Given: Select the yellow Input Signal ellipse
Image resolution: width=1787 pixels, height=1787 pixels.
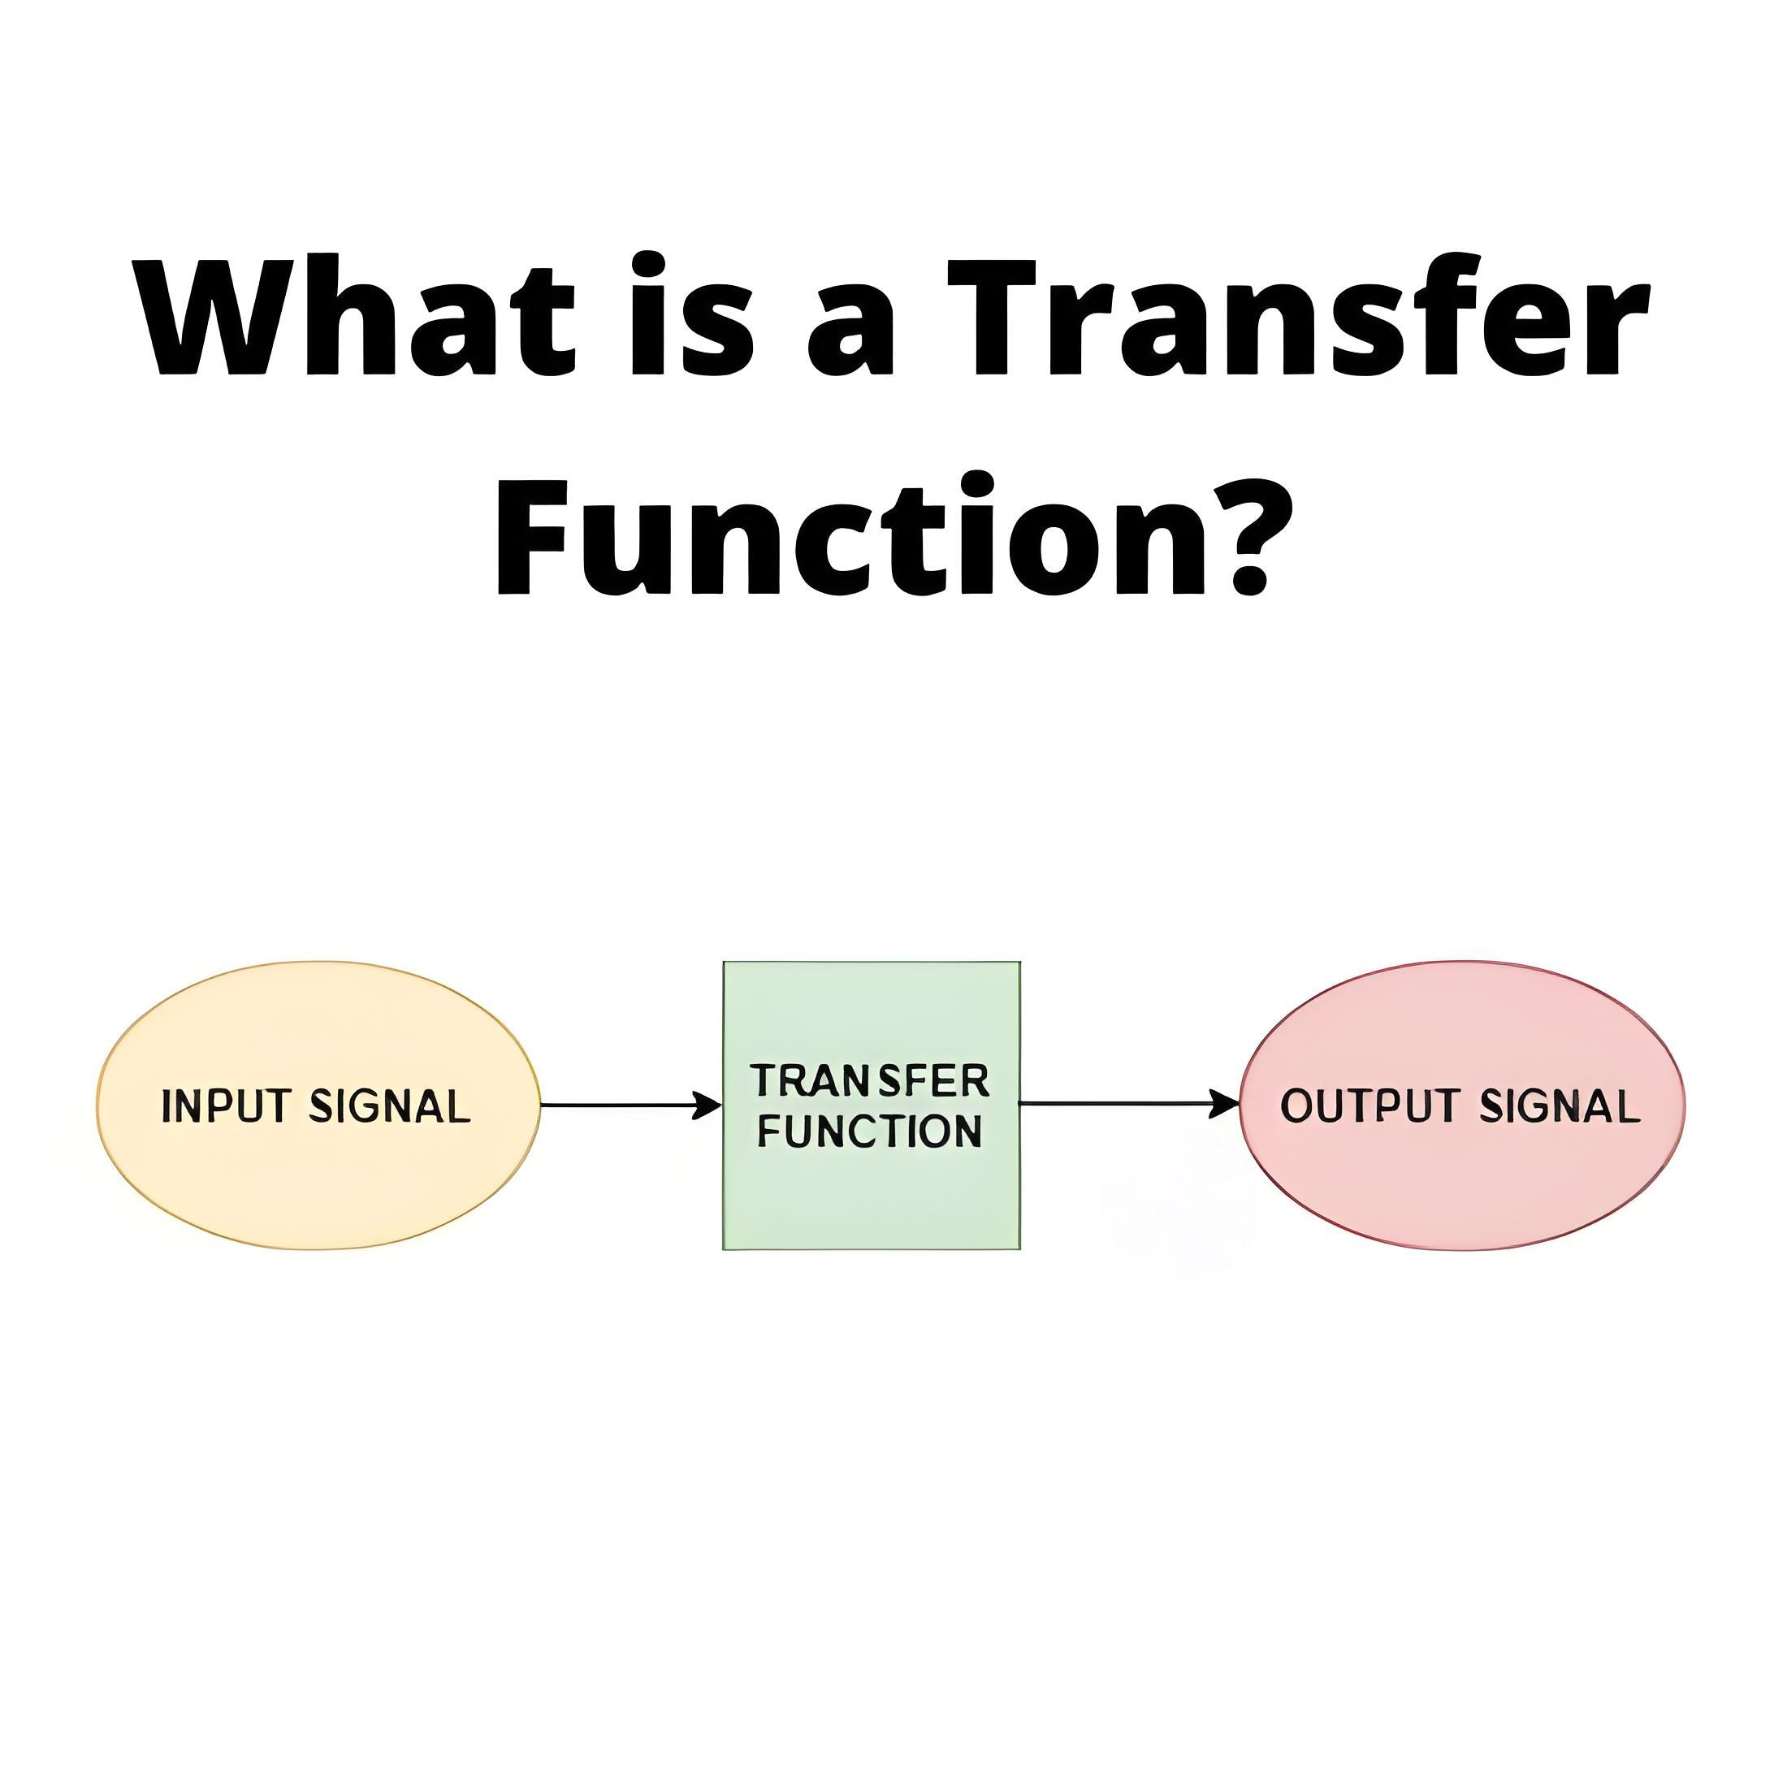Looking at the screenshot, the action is [x=318, y=1106].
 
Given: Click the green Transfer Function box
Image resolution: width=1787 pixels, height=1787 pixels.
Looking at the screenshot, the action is [x=872, y=1106].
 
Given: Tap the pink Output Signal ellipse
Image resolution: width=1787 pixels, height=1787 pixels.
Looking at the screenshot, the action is [x=1462, y=1106].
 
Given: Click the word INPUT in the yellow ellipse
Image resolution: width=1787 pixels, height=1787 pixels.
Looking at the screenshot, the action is [x=227, y=1106].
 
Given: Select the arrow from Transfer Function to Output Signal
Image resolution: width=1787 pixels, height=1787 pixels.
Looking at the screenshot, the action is [x=1129, y=1103].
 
